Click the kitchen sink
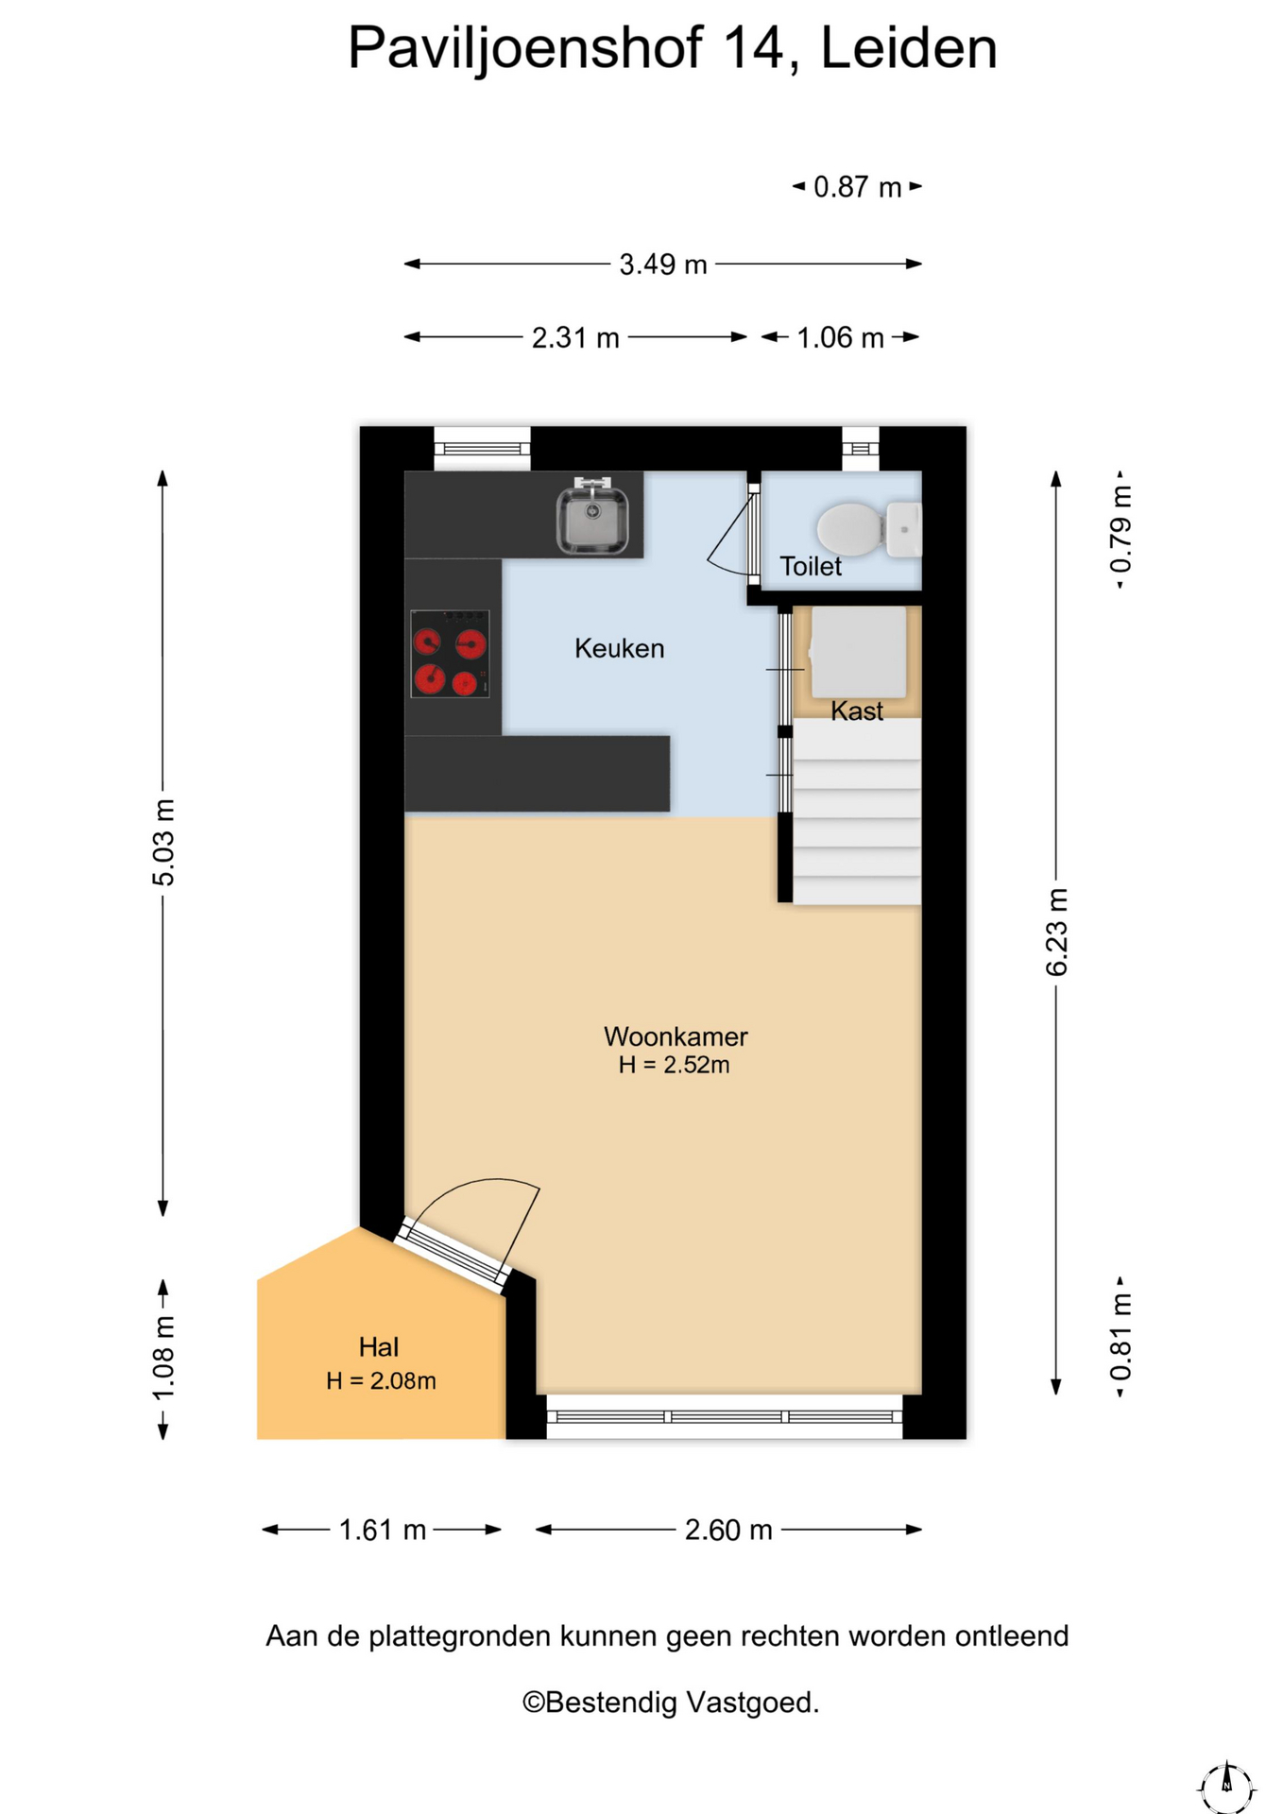click(x=592, y=516)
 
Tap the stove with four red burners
click(x=450, y=654)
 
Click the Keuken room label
click(x=620, y=648)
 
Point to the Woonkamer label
click(x=676, y=1036)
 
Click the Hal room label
click(x=379, y=1346)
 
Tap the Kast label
click(x=857, y=710)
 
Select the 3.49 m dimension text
click(x=663, y=265)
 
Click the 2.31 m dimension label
click(x=575, y=337)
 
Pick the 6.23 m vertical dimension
click(x=1057, y=932)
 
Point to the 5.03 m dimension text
click(x=163, y=842)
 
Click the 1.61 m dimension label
click(x=383, y=1530)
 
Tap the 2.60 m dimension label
click(x=728, y=1530)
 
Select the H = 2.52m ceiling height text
click(x=675, y=1065)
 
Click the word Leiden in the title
click(x=909, y=48)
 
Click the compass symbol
click(x=1226, y=1786)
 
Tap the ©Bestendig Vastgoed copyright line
click(x=671, y=1703)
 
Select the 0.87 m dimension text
click(x=858, y=187)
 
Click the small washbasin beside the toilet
click(x=904, y=529)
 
